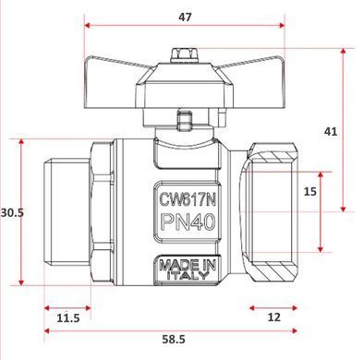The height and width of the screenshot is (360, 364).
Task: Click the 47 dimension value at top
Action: [185, 18]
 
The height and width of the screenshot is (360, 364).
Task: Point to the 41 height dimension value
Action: [331, 132]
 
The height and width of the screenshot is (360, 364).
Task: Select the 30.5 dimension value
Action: [12, 212]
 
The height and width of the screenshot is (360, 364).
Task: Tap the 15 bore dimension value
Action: [310, 191]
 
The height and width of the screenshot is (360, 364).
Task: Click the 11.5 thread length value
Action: [68, 318]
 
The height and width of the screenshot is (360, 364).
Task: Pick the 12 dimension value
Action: [274, 317]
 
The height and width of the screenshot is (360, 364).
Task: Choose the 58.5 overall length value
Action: [174, 340]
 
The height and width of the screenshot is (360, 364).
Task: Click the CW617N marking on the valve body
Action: [188, 200]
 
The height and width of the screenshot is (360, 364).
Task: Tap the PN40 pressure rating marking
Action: [188, 222]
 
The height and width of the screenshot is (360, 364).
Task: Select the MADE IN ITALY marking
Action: [188, 270]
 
